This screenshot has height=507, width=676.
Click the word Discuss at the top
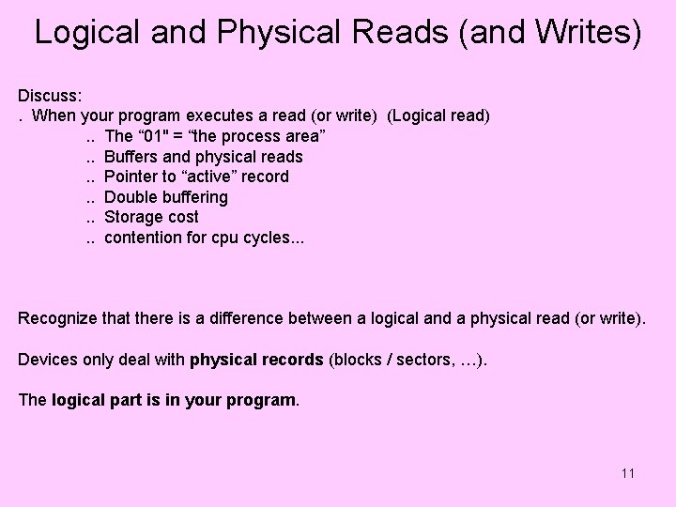point(49,96)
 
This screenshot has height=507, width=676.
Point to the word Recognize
point(58,318)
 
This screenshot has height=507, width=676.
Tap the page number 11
point(627,472)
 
